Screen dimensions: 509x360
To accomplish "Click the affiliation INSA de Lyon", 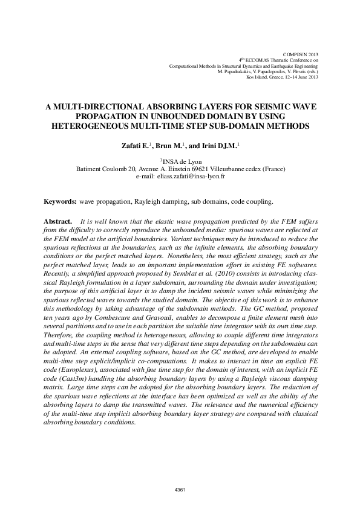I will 181,161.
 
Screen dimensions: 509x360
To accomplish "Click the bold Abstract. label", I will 59,222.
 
